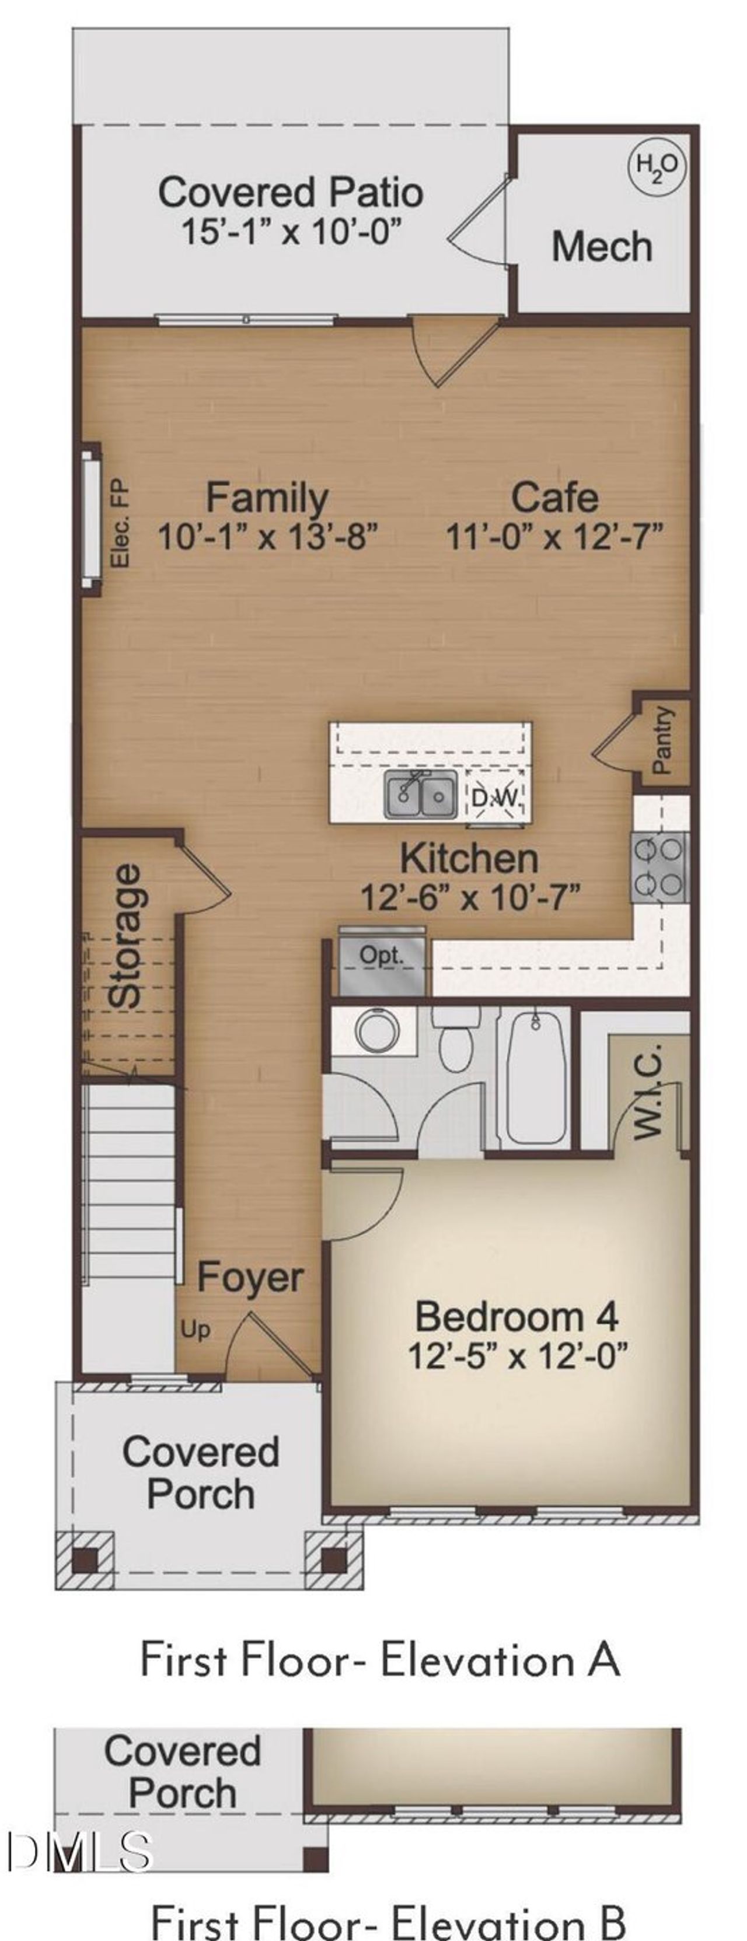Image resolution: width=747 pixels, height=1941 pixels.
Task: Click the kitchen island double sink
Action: click(x=420, y=794)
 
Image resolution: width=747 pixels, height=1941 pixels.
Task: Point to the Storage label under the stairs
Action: click(x=125, y=935)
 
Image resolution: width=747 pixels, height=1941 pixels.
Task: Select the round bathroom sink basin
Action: click(x=377, y=1031)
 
